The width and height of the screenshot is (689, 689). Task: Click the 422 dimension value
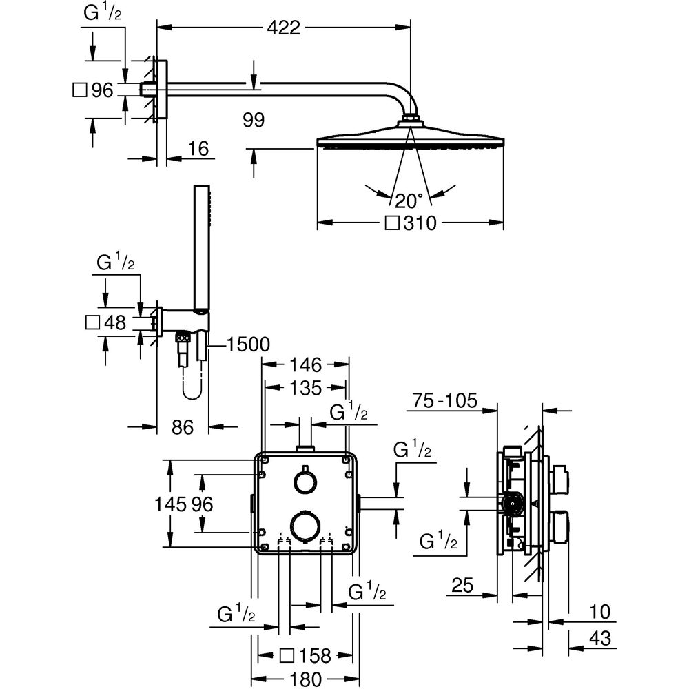click(x=284, y=28)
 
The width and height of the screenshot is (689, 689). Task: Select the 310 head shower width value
click(x=420, y=223)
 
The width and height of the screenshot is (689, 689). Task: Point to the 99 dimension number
click(x=254, y=121)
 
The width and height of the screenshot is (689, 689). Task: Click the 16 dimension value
click(x=197, y=149)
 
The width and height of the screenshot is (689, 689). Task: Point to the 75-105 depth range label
click(x=444, y=401)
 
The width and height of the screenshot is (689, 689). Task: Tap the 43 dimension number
click(x=601, y=639)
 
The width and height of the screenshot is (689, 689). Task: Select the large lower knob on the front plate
click(x=303, y=524)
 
